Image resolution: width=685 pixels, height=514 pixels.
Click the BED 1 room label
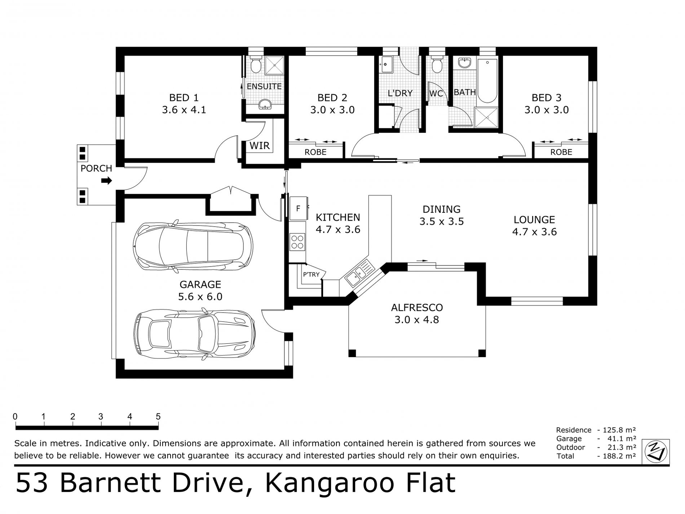[184, 98]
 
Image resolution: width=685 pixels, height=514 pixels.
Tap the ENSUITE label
[264, 87]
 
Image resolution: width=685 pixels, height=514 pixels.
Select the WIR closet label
[260, 146]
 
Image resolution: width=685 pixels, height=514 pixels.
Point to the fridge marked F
[298, 208]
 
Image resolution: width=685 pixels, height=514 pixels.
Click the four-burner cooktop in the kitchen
[297, 242]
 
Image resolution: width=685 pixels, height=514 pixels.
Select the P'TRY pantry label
[311, 274]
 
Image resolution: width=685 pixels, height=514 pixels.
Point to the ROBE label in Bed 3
[561, 152]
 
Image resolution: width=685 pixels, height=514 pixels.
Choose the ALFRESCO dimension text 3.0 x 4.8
[417, 320]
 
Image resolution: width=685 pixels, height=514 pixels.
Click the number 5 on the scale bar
[158, 417]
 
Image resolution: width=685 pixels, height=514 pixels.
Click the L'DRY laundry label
[400, 93]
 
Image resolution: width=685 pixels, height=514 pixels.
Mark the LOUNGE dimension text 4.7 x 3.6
[534, 232]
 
